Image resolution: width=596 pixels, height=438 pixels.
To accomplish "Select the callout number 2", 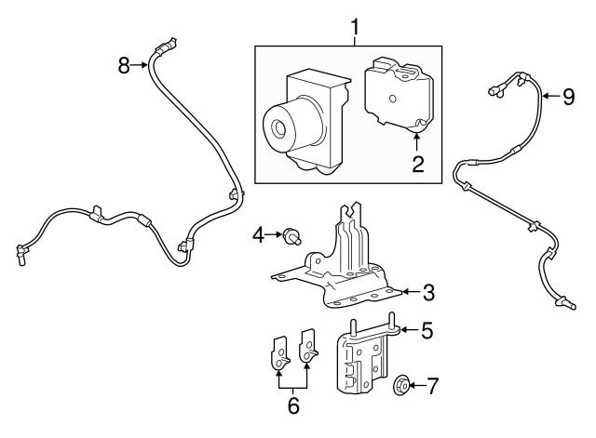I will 418,166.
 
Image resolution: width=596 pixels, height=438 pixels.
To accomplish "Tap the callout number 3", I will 427,293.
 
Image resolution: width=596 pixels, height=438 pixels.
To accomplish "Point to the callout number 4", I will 258,236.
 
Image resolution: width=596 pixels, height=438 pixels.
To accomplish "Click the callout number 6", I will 292,405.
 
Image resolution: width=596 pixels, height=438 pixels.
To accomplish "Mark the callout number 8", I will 124,64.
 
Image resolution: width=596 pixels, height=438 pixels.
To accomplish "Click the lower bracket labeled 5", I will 362,363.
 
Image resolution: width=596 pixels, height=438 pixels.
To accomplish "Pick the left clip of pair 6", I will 277,352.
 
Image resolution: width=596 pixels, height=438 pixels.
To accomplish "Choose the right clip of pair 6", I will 307,348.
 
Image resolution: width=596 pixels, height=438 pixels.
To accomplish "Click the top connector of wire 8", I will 167,43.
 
